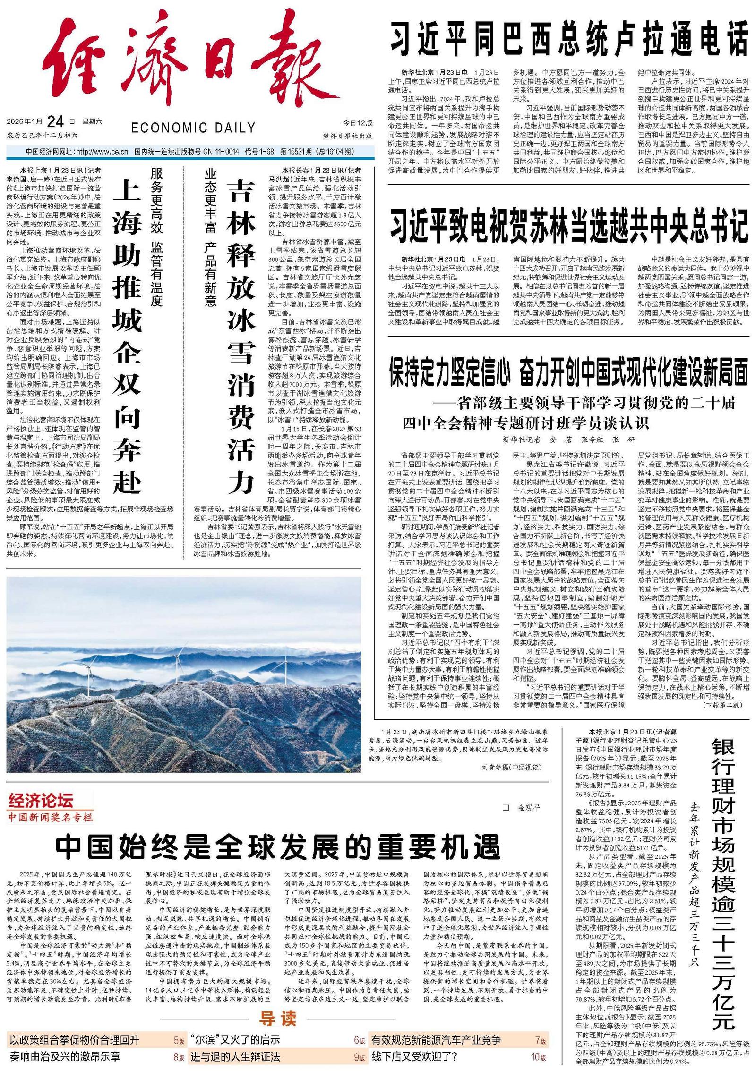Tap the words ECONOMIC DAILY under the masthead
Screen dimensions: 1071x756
[x=193, y=128]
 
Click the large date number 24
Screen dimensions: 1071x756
[x=55, y=122]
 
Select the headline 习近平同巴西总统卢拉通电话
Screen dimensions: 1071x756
[x=569, y=41]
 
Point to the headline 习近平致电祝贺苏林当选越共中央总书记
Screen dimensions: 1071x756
[x=569, y=225]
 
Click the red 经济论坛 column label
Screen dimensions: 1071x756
[x=42, y=801]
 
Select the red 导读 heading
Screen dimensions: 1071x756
[x=277, y=1018]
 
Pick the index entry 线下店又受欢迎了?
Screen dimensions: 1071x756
[x=414, y=1056]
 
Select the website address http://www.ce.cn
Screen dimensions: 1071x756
[x=102, y=152]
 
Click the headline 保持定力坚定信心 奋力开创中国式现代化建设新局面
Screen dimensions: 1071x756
[x=569, y=371]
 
